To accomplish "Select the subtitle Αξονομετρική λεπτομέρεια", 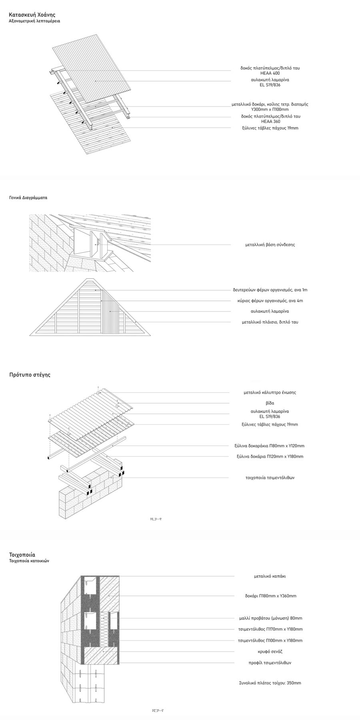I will pos(34,21).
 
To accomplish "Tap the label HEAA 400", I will pos(270,74).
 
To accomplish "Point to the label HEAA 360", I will pos(270,122).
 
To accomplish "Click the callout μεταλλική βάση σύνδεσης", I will pos(270,244).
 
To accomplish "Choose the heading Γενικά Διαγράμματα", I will pos(28,198).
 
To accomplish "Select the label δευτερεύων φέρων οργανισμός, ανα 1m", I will pos(270,290).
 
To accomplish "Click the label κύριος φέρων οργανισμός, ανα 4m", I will pos(270,300).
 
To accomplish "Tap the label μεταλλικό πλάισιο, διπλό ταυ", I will pos(270,322).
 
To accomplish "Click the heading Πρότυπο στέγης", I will pos(30,375).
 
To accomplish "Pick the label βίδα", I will pos(270,403).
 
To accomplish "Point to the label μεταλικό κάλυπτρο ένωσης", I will pos(270,392).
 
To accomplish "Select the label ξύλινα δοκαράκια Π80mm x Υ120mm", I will pos(270,446).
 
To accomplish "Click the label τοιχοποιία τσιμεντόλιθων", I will pos(270,478).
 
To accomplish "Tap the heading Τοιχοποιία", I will pos(22,555).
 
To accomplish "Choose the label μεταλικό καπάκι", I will pos(270,576).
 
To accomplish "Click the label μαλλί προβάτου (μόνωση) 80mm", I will pos(270,618).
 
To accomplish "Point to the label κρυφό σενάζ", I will pos(270,652).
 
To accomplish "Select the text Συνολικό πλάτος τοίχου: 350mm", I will pos(270,683).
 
